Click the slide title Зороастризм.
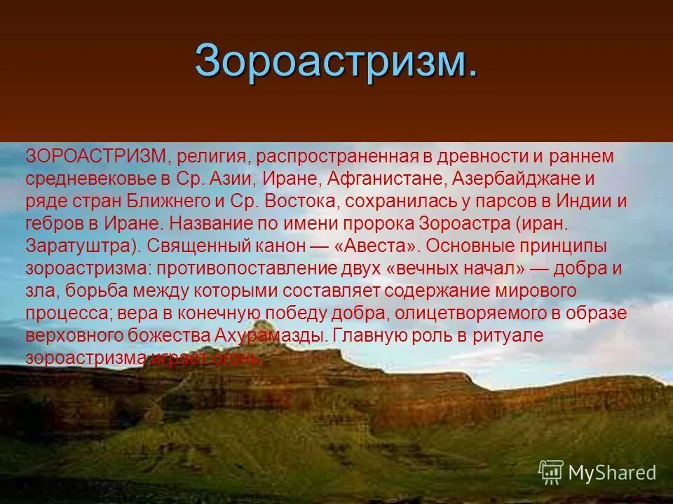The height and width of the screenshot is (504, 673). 336,60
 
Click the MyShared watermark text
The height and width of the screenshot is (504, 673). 611,473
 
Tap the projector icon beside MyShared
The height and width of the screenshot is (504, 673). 550,472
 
